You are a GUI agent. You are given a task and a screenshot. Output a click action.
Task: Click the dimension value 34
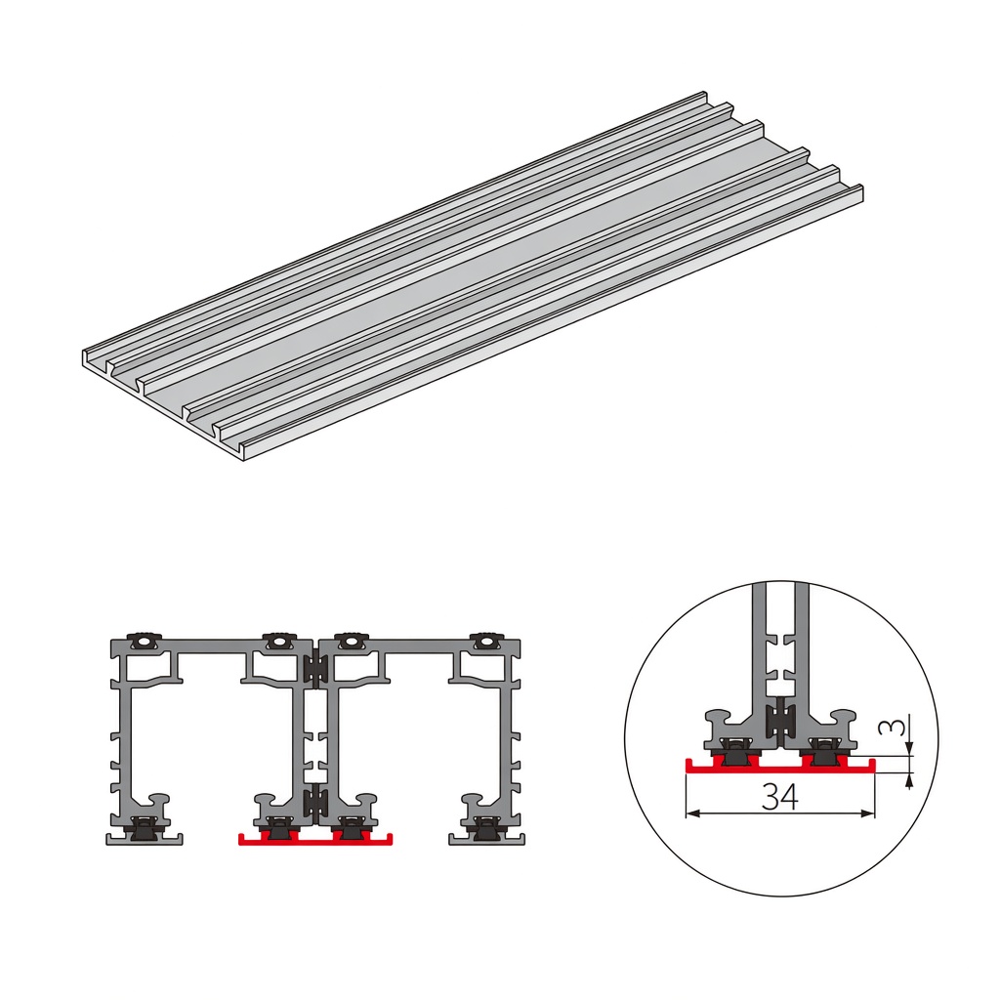click(780, 796)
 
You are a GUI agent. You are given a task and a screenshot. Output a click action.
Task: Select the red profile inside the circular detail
click(780, 765)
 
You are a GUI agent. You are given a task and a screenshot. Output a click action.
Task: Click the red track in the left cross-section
click(315, 837)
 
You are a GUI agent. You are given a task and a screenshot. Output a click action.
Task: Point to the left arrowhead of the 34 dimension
click(693, 813)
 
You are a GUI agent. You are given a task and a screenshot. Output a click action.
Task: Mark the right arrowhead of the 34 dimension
click(868, 813)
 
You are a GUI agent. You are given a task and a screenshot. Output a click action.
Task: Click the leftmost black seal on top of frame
click(146, 640)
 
